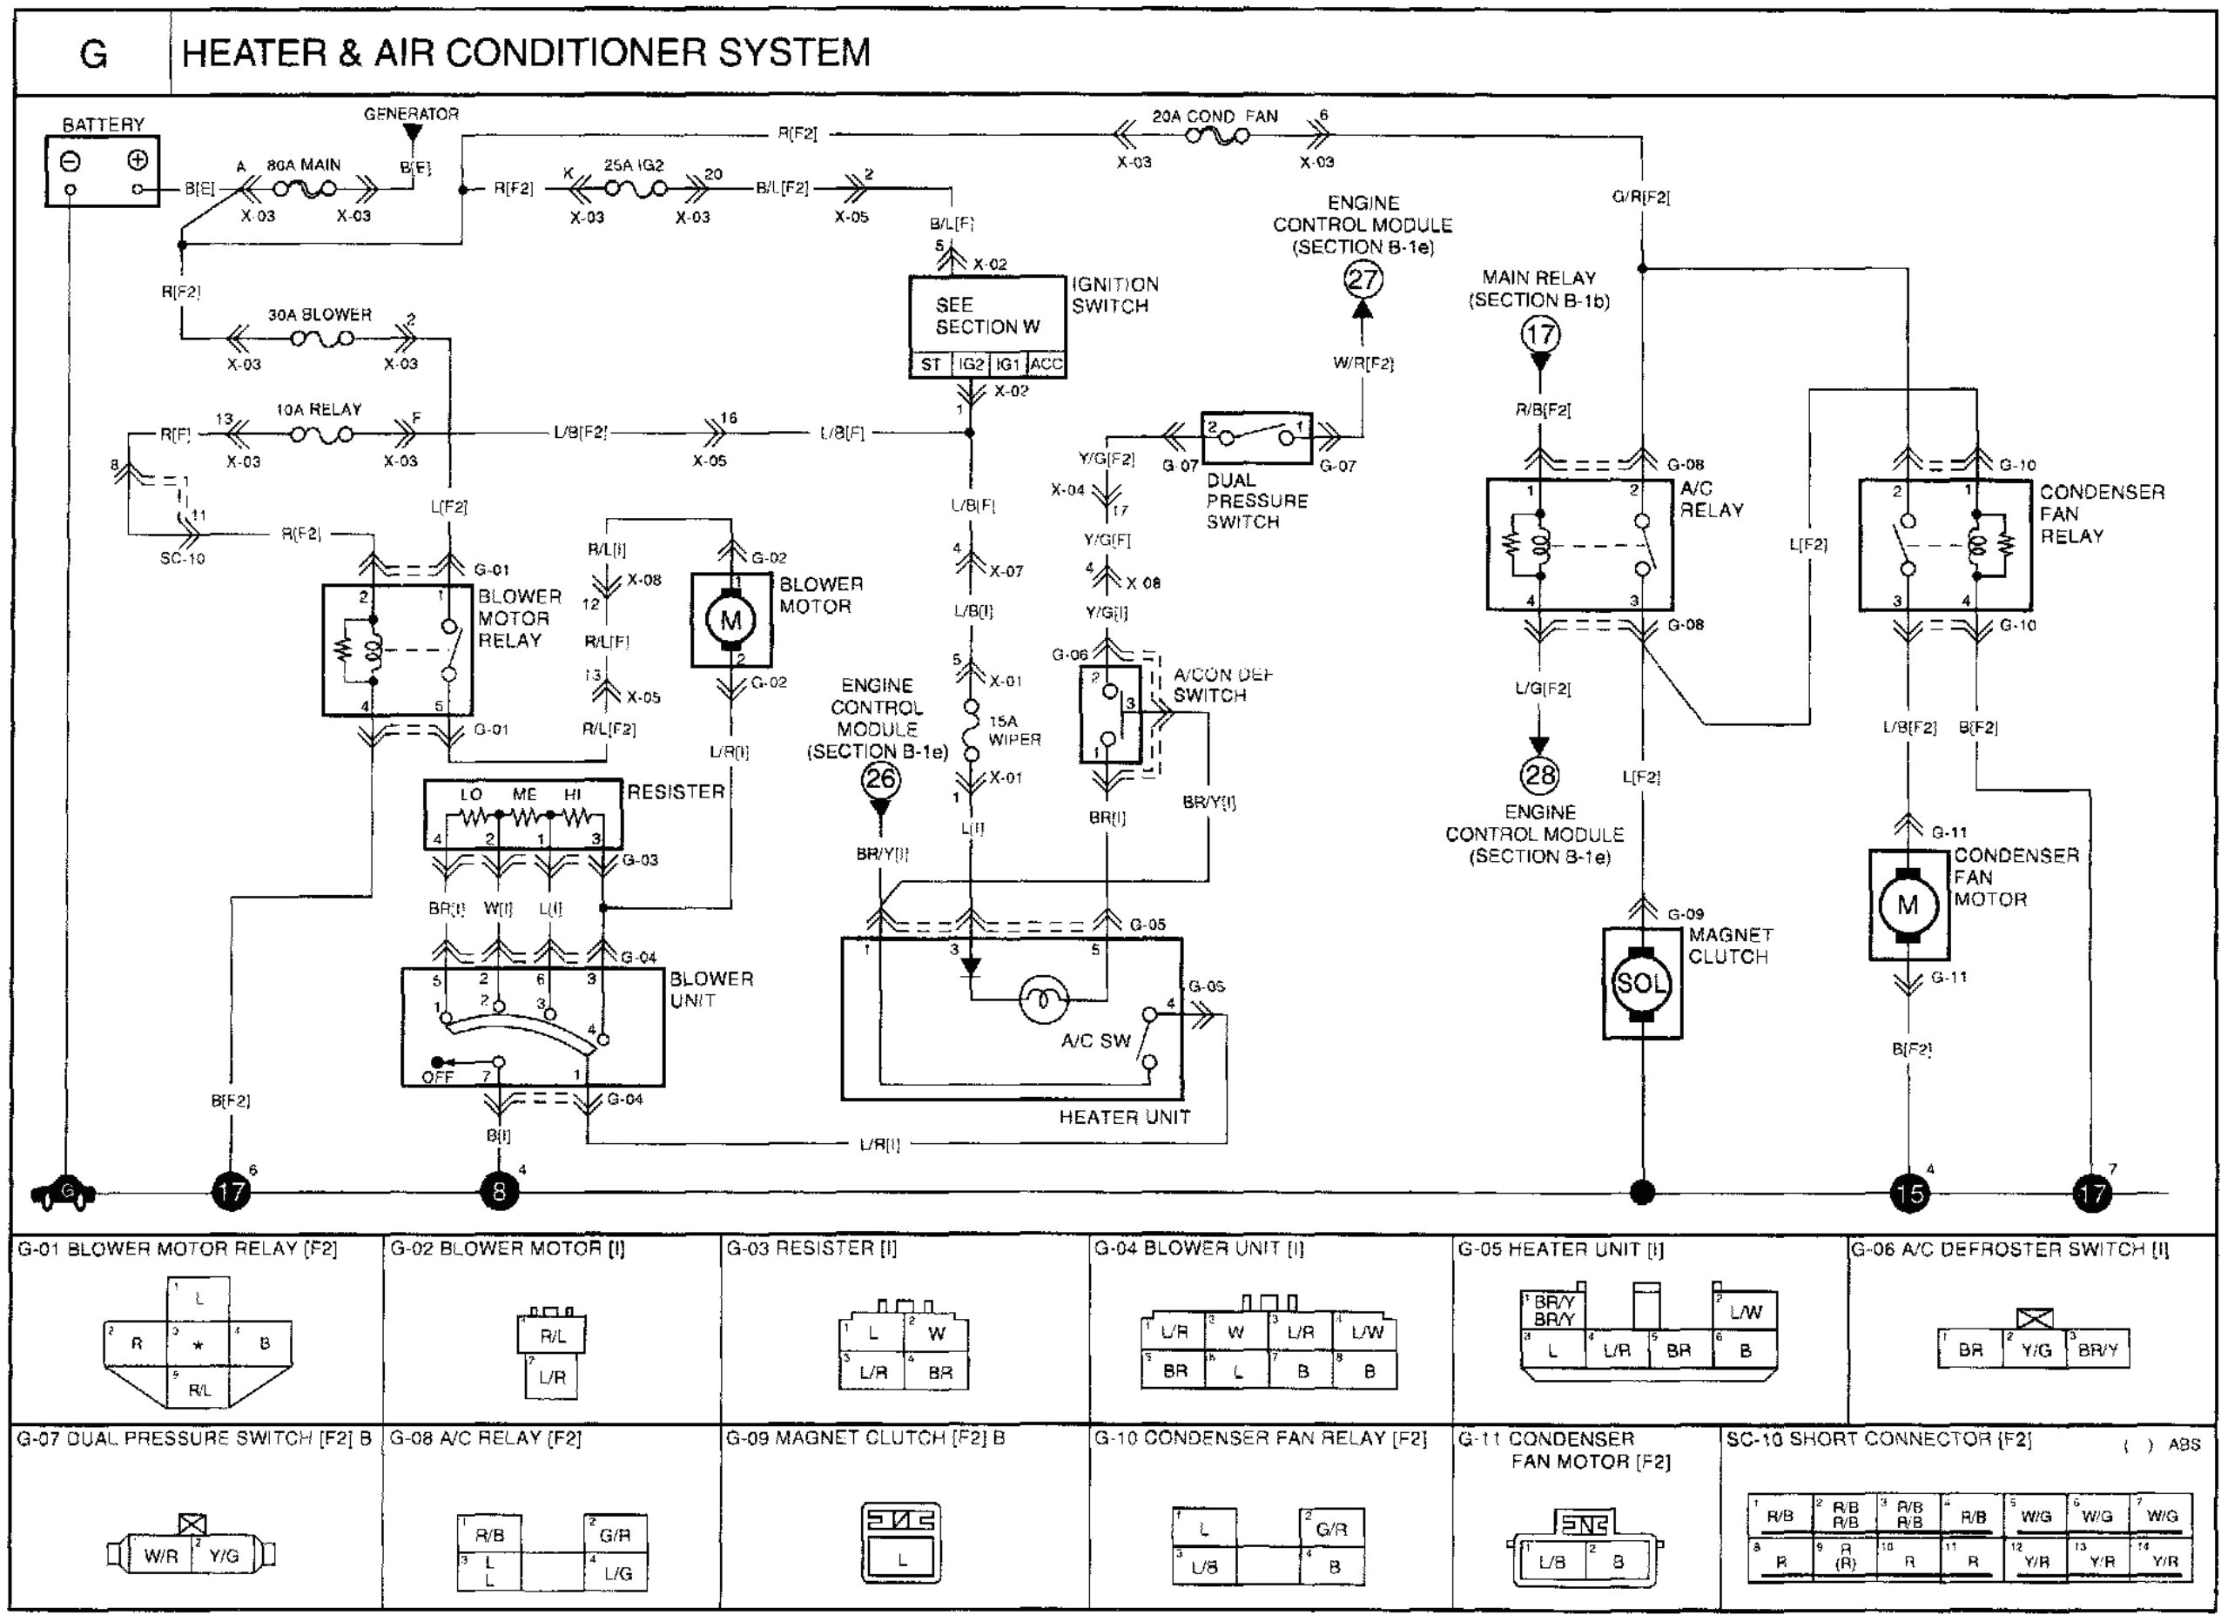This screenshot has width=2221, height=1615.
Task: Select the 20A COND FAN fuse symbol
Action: coord(1216,136)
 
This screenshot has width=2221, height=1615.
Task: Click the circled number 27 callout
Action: coord(1363,280)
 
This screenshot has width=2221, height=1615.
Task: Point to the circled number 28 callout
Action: coord(1539,776)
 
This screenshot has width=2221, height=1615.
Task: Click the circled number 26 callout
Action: coord(879,779)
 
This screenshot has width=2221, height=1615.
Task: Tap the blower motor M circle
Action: coord(730,619)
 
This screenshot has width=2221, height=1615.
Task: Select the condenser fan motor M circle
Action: coord(1908,905)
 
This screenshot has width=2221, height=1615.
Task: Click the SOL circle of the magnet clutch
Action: coord(1640,982)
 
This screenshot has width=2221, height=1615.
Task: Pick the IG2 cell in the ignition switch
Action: coord(971,364)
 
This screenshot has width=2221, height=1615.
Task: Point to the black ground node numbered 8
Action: coord(499,1192)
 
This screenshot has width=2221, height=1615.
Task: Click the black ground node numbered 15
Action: coord(1908,1193)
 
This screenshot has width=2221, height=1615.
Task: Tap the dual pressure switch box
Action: coord(1256,438)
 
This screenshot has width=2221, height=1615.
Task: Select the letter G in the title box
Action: coord(93,53)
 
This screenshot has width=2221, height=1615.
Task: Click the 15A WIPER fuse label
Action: coord(1013,730)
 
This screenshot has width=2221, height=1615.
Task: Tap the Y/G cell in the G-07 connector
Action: coord(225,1555)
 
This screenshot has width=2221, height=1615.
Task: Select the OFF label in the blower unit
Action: coord(437,1076)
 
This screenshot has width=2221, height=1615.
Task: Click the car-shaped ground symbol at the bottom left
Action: coord(64,1192)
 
